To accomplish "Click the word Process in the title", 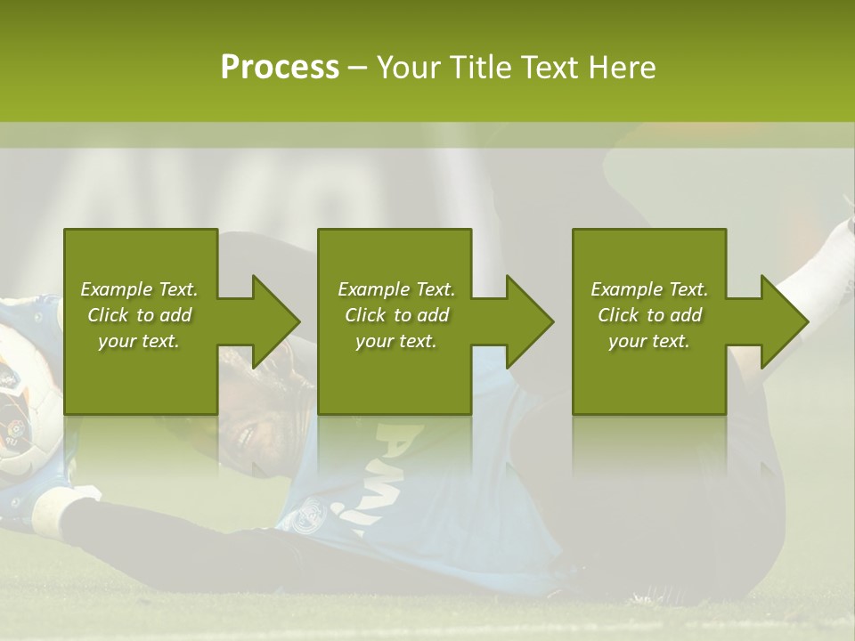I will tap(280, 68).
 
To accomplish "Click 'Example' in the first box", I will tap(116, 289).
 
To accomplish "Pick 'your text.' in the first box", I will tap(139, 341).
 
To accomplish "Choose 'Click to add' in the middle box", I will tap(396, 315).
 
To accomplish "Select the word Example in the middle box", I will tap(373, 289).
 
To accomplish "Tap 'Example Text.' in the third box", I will tap(649, 289).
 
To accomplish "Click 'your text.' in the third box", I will tap(649, 341).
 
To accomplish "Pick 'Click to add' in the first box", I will tap(139, 315).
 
